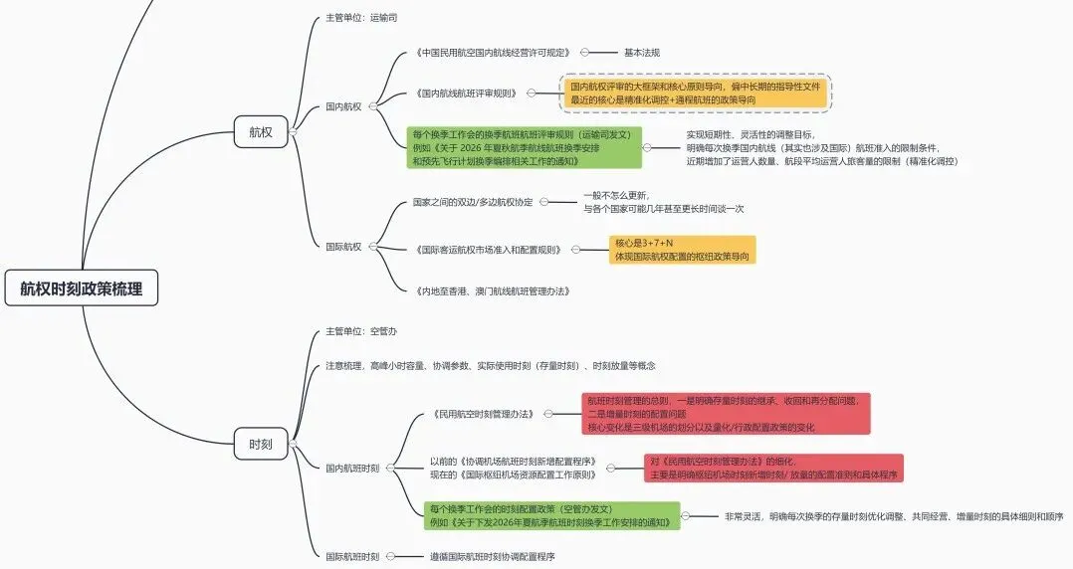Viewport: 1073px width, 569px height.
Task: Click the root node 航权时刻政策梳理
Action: [81, 289]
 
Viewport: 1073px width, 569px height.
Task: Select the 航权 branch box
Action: [260, 131]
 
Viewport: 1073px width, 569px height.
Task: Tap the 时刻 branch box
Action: [260, 444]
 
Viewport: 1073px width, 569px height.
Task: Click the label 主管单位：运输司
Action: [361, 18]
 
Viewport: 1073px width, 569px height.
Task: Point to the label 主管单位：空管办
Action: [361, 331]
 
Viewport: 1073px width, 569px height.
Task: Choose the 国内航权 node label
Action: [343, 105]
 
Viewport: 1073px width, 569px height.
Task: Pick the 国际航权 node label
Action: [343, 246]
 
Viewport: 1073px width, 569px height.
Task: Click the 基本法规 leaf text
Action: [641, 53]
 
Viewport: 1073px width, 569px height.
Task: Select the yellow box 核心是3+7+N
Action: [682, 250]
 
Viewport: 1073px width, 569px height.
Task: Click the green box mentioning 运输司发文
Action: [525, 147]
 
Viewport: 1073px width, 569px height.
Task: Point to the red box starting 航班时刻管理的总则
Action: [727, 413]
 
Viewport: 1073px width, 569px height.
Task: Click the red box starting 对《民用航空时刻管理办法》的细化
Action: [773, 469]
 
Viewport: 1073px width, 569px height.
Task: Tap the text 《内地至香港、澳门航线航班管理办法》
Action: [491, 291]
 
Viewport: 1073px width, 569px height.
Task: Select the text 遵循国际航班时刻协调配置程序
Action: [492, 557]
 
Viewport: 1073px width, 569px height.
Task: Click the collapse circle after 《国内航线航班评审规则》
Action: [531, 94]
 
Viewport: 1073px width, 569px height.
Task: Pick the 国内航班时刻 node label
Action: [352, 468]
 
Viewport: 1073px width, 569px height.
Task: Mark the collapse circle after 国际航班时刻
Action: [390, 557]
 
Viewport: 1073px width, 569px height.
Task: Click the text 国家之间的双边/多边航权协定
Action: [473, 202]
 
